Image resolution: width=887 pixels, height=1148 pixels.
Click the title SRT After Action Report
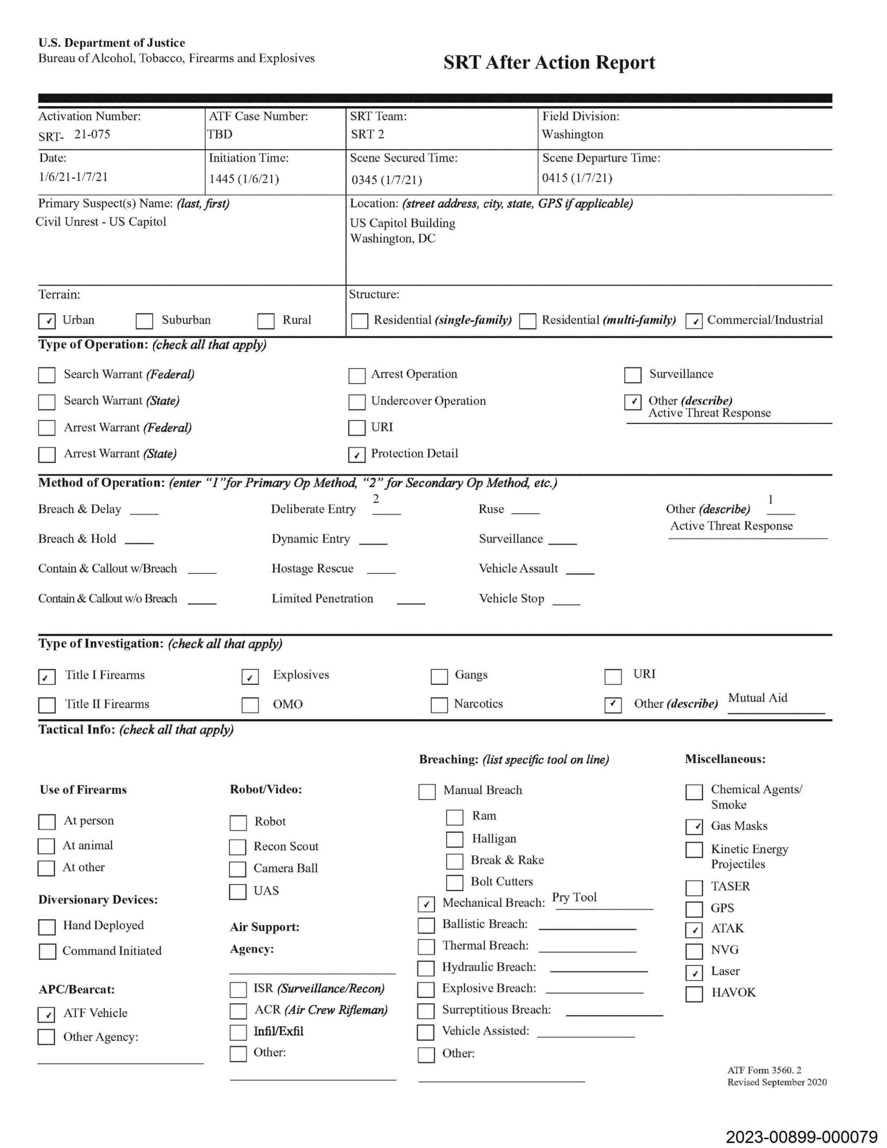point(549,62)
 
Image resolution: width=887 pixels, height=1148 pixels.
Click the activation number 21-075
point(92,134)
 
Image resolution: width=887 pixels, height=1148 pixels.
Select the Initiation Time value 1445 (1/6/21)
point(244,179)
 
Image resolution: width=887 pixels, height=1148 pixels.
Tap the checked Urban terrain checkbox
point(47,321)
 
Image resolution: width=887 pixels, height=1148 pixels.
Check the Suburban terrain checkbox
point(144,321)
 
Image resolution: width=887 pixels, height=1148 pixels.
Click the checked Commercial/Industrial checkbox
point(694,321)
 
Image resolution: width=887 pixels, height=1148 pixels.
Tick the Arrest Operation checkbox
point(357,375)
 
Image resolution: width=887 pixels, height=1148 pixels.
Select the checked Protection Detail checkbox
point(357,454)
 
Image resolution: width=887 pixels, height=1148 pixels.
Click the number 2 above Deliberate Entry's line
point(375,498)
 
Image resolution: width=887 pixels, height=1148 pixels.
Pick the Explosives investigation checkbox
point(250,677)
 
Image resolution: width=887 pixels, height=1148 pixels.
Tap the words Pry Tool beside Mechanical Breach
point(574,897)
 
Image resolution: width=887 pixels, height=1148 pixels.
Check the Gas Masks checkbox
point(694,826)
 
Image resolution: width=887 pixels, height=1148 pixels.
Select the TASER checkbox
point(694,887)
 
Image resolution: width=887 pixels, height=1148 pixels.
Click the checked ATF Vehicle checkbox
point(46,1014)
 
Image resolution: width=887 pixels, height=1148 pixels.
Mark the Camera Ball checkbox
point(238,869)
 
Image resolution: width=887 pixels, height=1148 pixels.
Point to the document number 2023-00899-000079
point(801,1137)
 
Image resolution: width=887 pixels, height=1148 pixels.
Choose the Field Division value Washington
point(573,135)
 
